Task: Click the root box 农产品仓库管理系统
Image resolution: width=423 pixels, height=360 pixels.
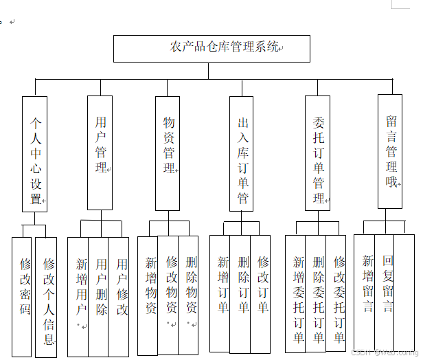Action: [x=211, y=48]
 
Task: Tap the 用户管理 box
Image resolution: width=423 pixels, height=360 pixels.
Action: [x=100, y=153]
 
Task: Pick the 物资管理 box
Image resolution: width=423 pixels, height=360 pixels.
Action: [x=168, y=153]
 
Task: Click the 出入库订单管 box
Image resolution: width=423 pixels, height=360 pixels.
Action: [x=242, y=153]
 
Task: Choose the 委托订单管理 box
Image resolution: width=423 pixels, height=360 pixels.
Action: [x=317, y=153]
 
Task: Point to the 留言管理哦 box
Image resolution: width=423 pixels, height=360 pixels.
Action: [x=390, y=151]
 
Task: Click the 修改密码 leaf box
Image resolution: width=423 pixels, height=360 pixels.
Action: [x=23, y=297]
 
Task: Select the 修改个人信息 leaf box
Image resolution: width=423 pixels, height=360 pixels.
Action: [x=46, y=297]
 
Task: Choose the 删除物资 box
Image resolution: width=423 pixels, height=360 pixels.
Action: [x=189, y=294]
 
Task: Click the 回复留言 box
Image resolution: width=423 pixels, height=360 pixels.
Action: [x=387, y=292]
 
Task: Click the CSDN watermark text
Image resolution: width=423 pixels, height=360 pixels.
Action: [x=389, y=352]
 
